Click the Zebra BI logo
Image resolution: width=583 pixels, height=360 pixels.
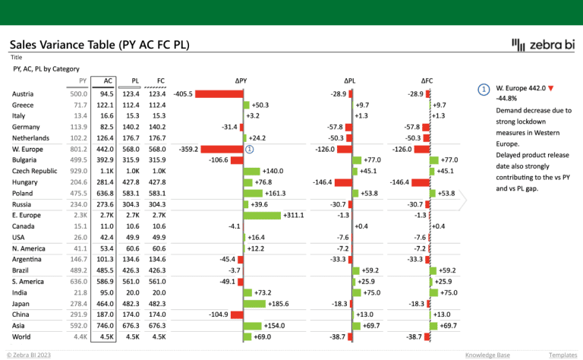(x=544, y=46)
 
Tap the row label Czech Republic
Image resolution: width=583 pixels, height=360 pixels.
(x=35, y=171)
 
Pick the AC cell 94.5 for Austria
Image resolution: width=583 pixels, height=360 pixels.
(x=106, y=93)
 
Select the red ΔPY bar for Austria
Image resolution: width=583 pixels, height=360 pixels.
(x=219, y=93)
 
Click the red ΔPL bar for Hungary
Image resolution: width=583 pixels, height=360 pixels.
(x=343, y=182)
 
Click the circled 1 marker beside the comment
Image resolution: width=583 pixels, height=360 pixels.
(x=484, y=89)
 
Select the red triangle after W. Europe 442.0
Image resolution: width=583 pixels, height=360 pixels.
(x=550, y=89)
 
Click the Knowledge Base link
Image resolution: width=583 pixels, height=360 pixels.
(x=487, y=355)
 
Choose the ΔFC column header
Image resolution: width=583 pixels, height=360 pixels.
(x=427, y=80)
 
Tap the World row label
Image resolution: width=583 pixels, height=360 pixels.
(x=22, y=336)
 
